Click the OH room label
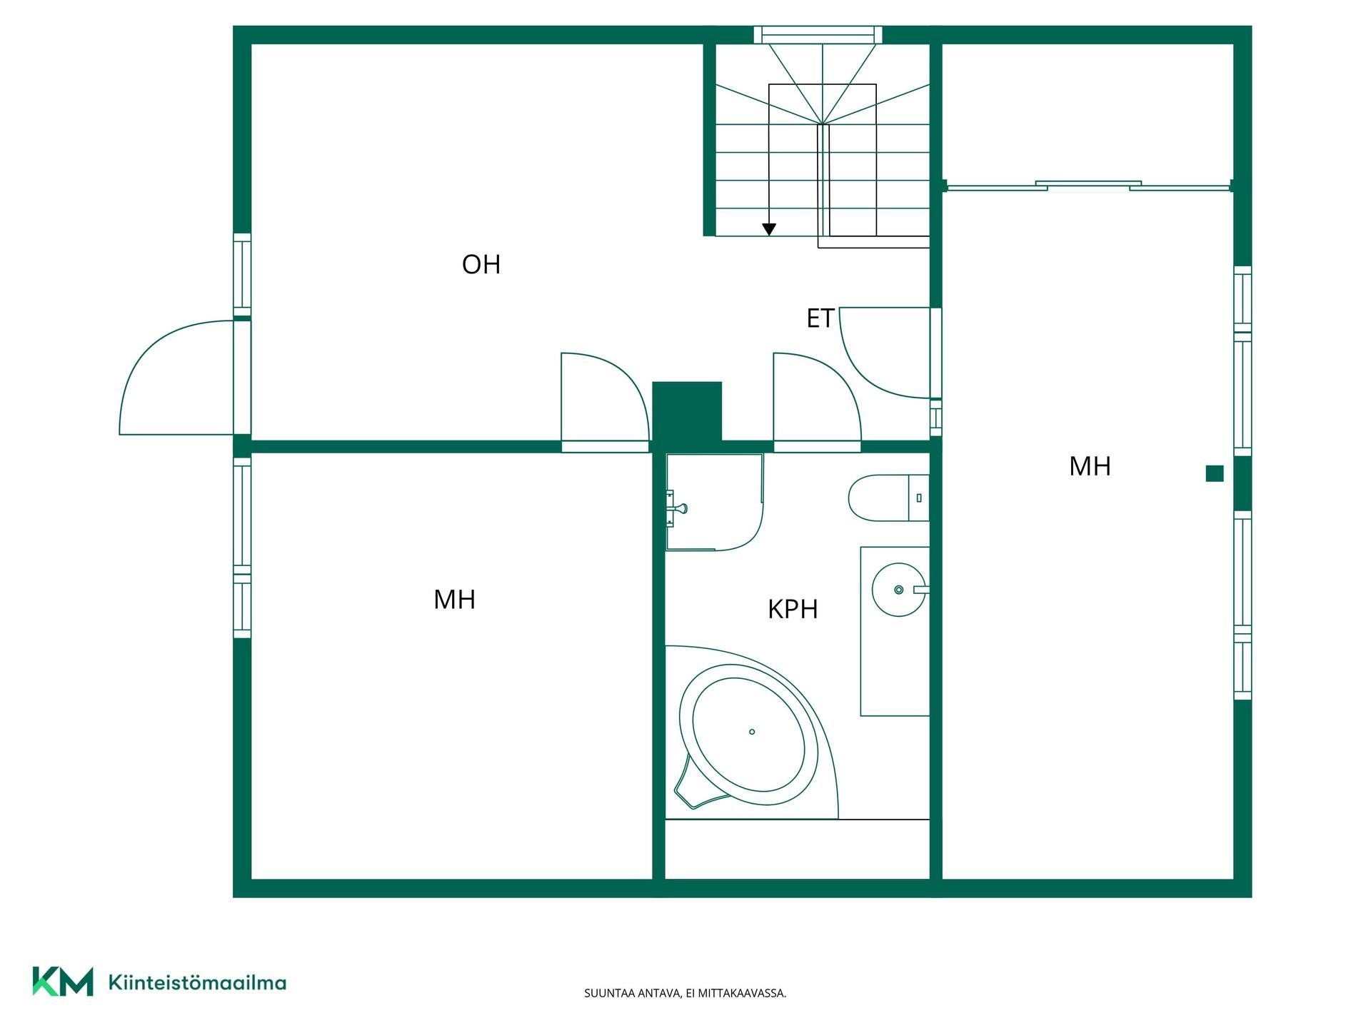[481, 265]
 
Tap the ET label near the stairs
[820, 319]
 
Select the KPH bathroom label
[793, 609]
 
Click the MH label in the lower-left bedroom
[454, 600]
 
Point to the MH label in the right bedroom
[1090, 466]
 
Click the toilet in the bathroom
[888, 498]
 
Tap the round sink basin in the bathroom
[899, 590]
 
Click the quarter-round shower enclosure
[714, 502]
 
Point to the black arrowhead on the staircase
[769, 229]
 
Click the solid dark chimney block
[687, 411]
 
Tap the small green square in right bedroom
[1215, 473]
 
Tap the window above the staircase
[818, 35]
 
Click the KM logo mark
[63, 982]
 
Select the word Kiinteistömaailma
[197, 982]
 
